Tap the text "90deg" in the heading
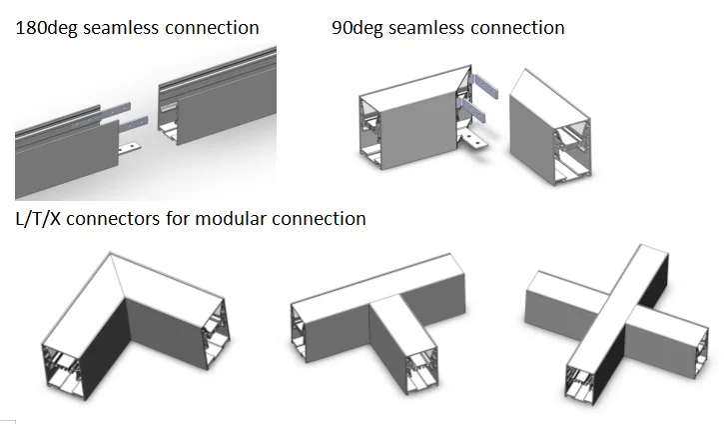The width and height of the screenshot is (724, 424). pyautogui.click(x=357, y=28)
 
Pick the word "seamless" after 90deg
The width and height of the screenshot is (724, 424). pyautogui.click(x=430, y=28)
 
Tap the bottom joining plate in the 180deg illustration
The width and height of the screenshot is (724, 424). pyautogui.click(x=130, y=149)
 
